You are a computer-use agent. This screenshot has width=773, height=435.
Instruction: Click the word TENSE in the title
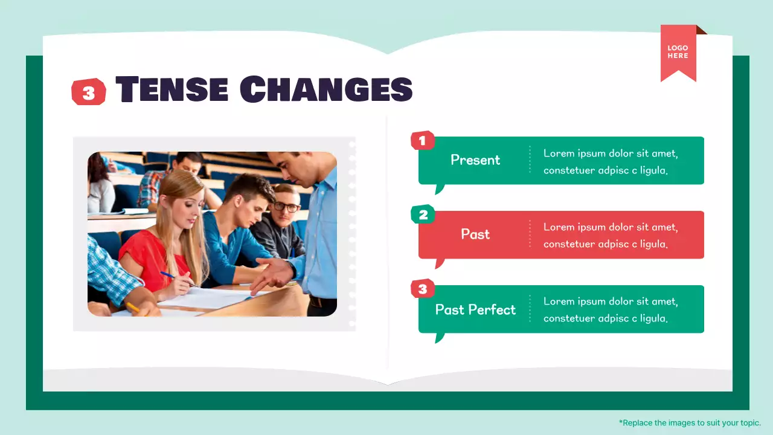[x=172, y=89]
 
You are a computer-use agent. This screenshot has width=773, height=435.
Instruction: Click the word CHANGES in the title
[x=326, y=89]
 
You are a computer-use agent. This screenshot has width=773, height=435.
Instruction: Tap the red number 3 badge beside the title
[x=89, y=92]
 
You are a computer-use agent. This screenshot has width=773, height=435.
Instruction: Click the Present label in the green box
[x=475, y=160]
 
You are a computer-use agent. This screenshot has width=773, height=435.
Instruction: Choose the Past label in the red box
[x=475, y=234]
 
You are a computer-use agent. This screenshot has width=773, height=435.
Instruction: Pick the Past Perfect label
[x=475, y=309]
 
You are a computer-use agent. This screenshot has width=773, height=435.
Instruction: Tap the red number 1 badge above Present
[x=422, y=141]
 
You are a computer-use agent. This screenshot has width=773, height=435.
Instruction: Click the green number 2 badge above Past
[x=422, y=214]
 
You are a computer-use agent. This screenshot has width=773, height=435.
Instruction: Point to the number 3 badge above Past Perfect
[x=422, y=289]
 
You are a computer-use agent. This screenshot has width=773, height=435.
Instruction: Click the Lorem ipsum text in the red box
[x=611, y=236]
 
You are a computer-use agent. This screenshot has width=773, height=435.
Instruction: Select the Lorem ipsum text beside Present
[x=611, y=161]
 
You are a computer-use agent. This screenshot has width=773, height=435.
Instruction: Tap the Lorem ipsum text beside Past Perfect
[x=611, y=309]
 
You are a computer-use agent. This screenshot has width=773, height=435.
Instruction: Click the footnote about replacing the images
[x=690, y=423]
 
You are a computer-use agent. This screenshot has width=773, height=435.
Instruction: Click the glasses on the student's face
[x=286, y=207]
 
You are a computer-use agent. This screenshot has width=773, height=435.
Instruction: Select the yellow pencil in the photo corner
[x=133, y=308]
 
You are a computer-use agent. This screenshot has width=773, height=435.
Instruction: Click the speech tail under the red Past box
[x=440, y=263]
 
